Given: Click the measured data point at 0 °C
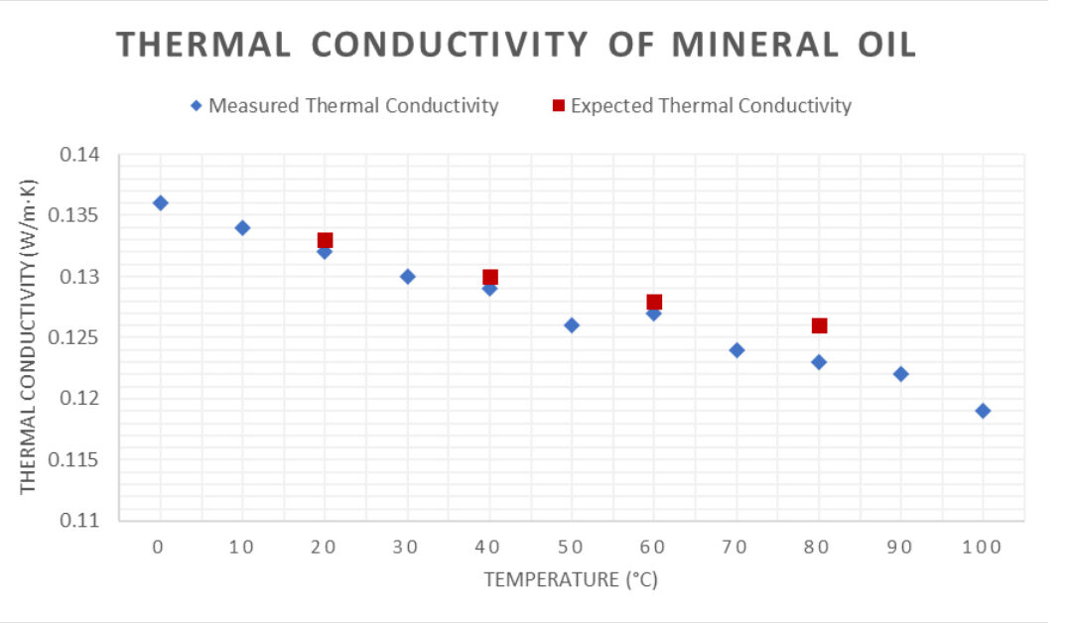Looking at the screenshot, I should coord(160,203).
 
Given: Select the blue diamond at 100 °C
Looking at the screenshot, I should coord(983,411).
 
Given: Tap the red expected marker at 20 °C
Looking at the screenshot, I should coord(325,240).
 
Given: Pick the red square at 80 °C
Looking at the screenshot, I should coord(819,325).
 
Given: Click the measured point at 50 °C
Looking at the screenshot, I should coord(572,325).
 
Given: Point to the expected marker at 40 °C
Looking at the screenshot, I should coord(489,278).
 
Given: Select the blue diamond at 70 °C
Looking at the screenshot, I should coord(737,350).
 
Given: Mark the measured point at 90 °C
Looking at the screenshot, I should coord(900,374).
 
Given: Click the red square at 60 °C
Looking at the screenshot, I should coord(654,302).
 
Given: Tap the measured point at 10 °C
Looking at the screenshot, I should coord(242,228).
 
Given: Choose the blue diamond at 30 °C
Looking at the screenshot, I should coord(407,277).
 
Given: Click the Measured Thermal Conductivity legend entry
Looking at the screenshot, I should coord(344,106).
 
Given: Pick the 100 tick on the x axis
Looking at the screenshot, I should coord(983,547).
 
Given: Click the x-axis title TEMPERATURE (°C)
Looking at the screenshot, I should coord(571,580).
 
